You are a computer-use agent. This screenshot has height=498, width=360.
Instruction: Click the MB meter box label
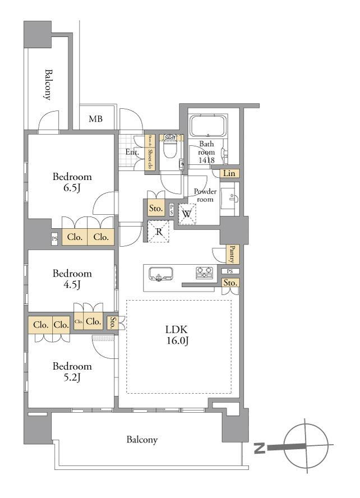(95, 119)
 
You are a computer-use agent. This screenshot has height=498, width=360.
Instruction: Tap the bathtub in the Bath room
(207, 126)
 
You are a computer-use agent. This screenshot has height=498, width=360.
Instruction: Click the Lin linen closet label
(229, 174)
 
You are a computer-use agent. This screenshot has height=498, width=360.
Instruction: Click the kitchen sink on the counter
(161, 274)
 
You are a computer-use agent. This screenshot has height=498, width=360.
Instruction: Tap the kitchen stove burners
(204, 273)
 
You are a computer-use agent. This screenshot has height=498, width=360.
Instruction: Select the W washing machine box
(187, 213)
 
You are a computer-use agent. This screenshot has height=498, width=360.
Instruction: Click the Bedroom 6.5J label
(72, 182)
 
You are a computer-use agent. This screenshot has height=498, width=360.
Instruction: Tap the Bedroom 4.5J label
(72, 279)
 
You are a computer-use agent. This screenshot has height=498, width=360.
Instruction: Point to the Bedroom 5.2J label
(72, 372)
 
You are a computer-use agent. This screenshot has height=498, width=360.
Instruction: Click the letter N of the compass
(259, 448)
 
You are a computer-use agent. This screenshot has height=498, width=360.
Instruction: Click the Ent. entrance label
(132, 152)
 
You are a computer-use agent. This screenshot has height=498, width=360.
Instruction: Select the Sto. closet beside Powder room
(156, 209)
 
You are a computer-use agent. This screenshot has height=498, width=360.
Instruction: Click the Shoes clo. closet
(150, 152)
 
